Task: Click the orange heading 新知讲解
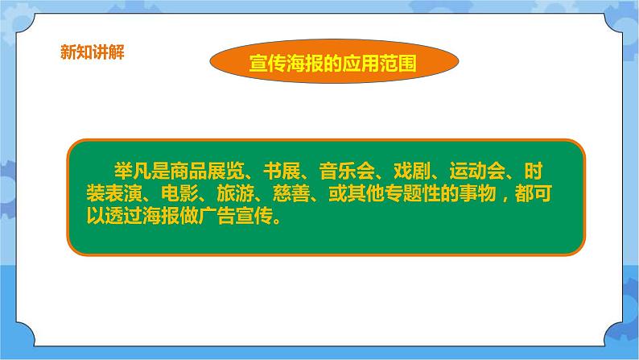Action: click(x=93, y=52)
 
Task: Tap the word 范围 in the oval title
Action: click(x=398, y=63)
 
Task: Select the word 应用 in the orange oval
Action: click(x=361, y=63)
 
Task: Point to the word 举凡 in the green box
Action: click(x=133, y=171)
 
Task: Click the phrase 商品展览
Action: click(x=208, y=171)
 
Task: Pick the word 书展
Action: click(x=282, y=171)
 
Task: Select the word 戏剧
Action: click(x=412, y=171)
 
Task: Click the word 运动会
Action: click(x=477, y=171)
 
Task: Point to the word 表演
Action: click(x=123, y=193)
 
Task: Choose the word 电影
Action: click(x=179, y=193)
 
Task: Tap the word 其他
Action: click(x=365, y=193)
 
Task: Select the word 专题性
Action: click(x=412, y=193)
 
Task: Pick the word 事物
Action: click(x=477, y=193)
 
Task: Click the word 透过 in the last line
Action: click(x=123, y=216)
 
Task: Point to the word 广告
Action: click(x=216, y=216)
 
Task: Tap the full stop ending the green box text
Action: click(x=277, y=221)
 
